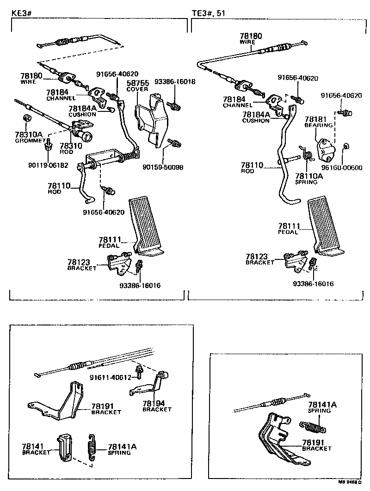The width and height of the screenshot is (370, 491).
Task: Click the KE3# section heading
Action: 22,13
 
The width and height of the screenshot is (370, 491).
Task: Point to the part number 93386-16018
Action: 175,82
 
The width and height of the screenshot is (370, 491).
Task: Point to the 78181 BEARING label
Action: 318,122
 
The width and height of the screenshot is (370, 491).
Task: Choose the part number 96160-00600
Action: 343,168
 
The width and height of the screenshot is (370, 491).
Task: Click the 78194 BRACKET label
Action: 157,406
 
